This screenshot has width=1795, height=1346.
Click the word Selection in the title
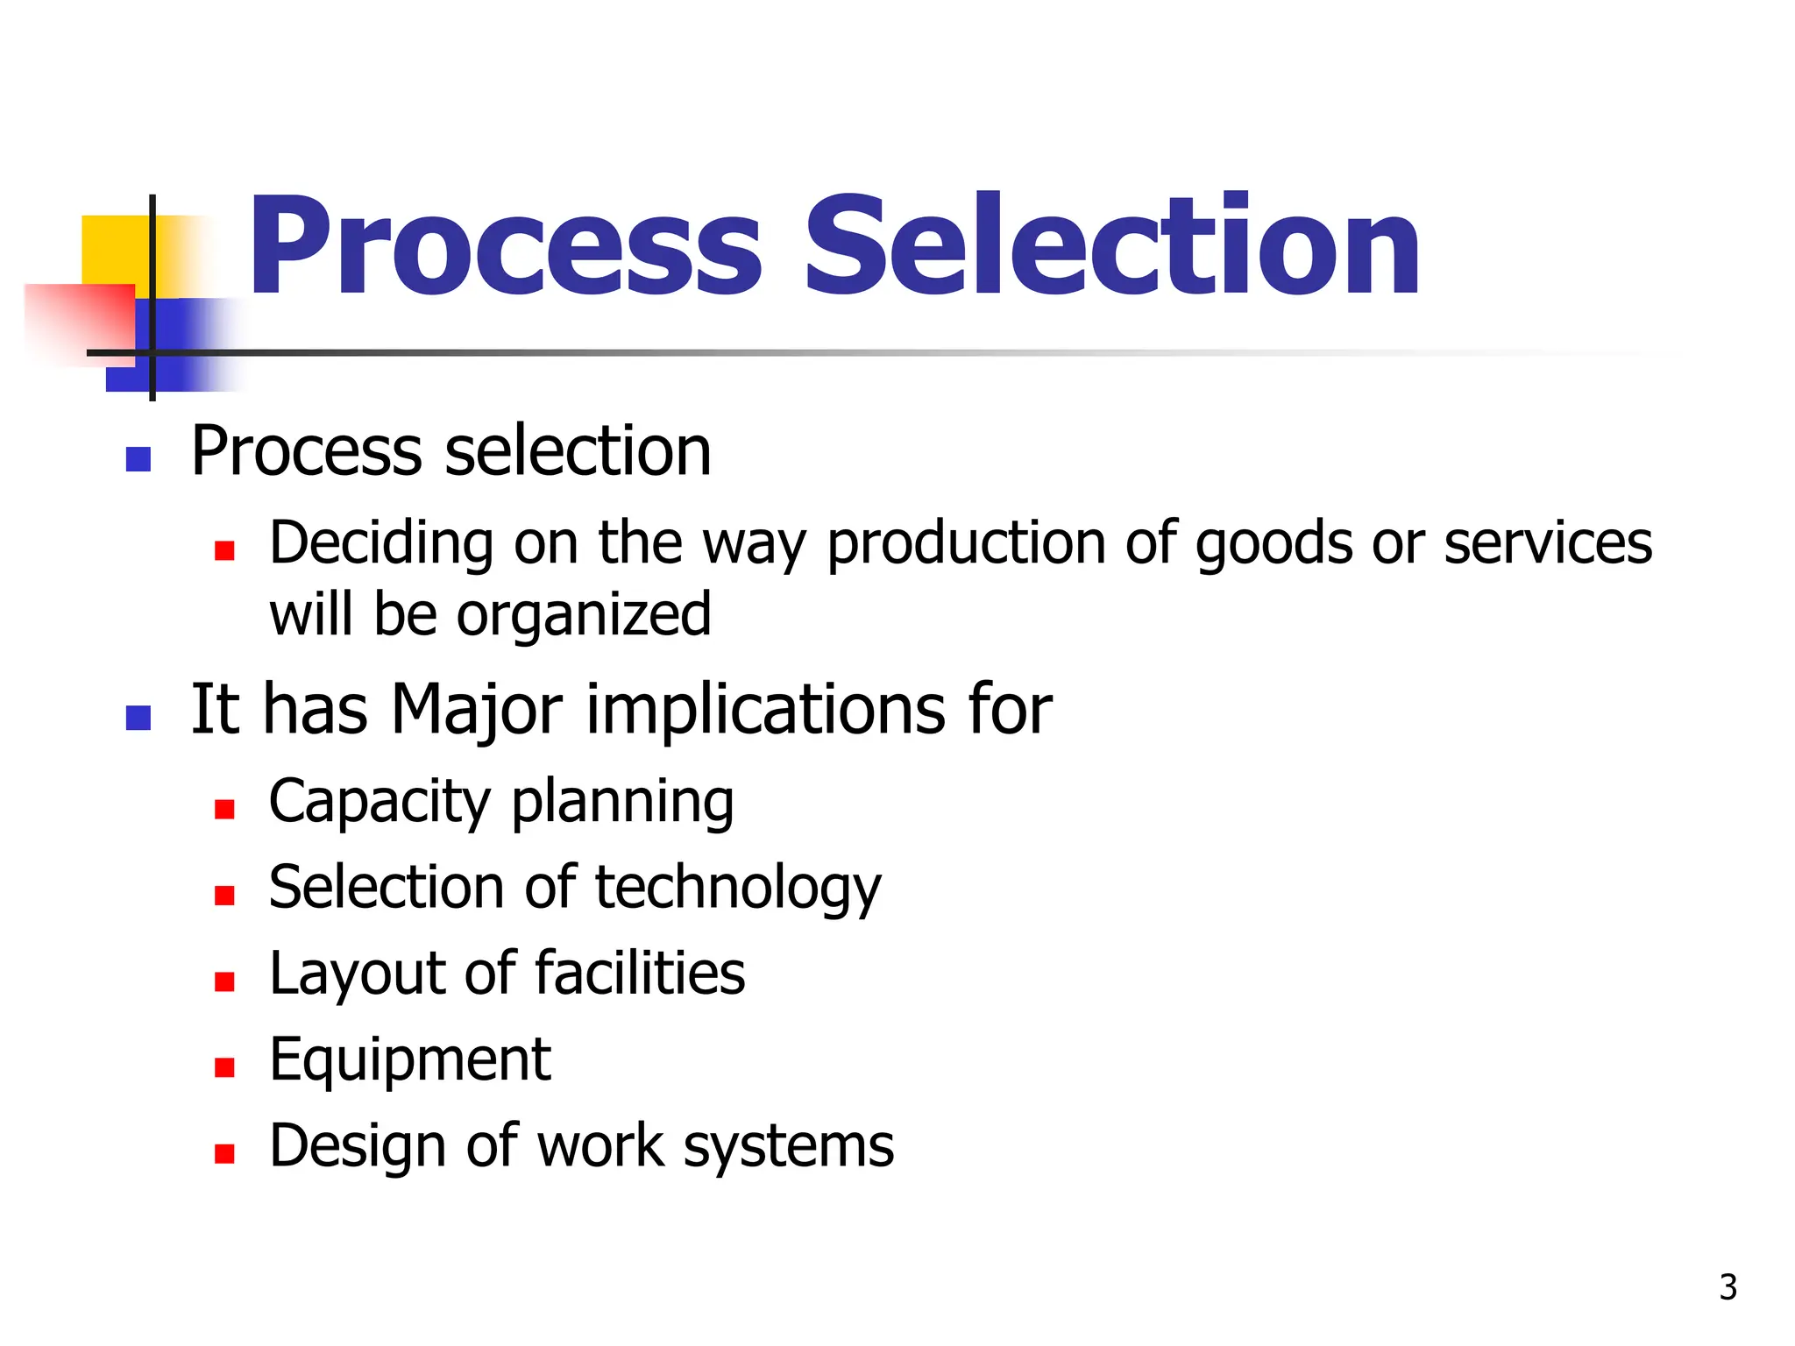point(1111,247)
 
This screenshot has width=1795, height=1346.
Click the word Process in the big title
point(506,247)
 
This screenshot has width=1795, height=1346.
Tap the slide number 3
point(1728,1287)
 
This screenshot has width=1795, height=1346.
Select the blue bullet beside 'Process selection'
point(138,458)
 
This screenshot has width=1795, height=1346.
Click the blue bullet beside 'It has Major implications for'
point(138,718)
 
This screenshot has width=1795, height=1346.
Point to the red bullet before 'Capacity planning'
point(224,808)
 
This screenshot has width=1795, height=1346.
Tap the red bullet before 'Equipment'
point(224,1066)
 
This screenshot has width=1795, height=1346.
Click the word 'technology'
point(738,889)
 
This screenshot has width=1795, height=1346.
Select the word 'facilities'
point(640,974)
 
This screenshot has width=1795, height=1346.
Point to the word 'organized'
point(584,616)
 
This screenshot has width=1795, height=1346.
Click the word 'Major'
point(476,710)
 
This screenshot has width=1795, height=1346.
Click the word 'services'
point(1548,543)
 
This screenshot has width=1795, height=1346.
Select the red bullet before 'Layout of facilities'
point(224,981)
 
